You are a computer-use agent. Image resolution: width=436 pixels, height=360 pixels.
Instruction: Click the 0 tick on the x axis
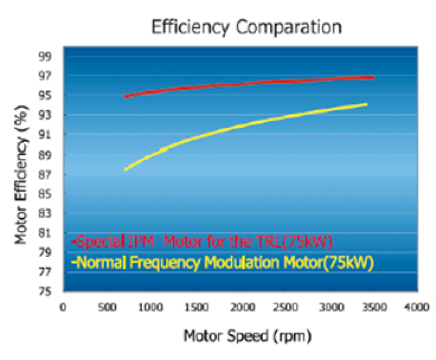(x=62, y=307)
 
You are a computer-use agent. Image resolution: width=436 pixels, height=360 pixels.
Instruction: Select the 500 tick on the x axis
(x=107, y=307)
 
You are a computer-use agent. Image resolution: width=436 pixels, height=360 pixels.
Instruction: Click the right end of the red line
(x=373, y=77)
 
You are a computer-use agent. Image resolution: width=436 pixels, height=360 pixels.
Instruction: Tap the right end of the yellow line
(x=366, y=104)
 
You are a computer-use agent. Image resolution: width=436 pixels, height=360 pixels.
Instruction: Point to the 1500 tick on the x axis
(x=195, y=307)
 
